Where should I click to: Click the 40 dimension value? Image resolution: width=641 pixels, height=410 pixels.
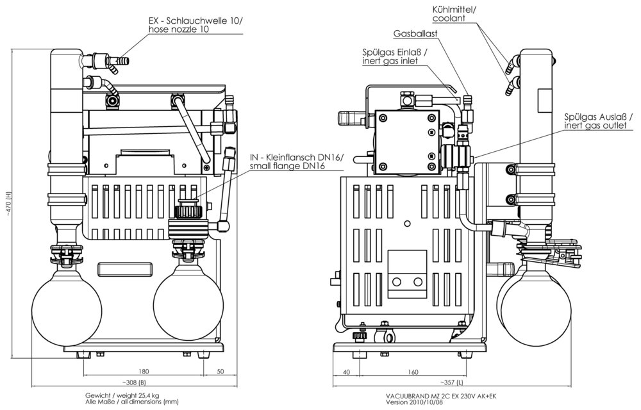pyautogui.click(x=347, y=371)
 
